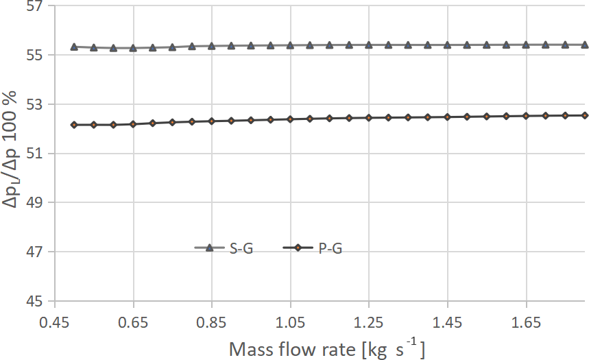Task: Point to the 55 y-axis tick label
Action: pos(32,56)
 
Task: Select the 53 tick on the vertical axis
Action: pos(32,105)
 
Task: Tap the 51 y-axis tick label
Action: pos(32,154)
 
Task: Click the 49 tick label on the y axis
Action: pos(32,204)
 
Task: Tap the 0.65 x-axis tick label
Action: pos(133,321)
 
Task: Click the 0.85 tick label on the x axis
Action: pos(212,321)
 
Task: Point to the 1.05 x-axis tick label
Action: pos(290,321)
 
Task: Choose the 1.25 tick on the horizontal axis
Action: pos(369,321)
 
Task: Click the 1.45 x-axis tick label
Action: pos(447,321)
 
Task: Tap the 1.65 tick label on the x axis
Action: pos(526,321)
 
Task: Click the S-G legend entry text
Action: pos(241,249)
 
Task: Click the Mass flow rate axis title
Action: pos(326,349)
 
